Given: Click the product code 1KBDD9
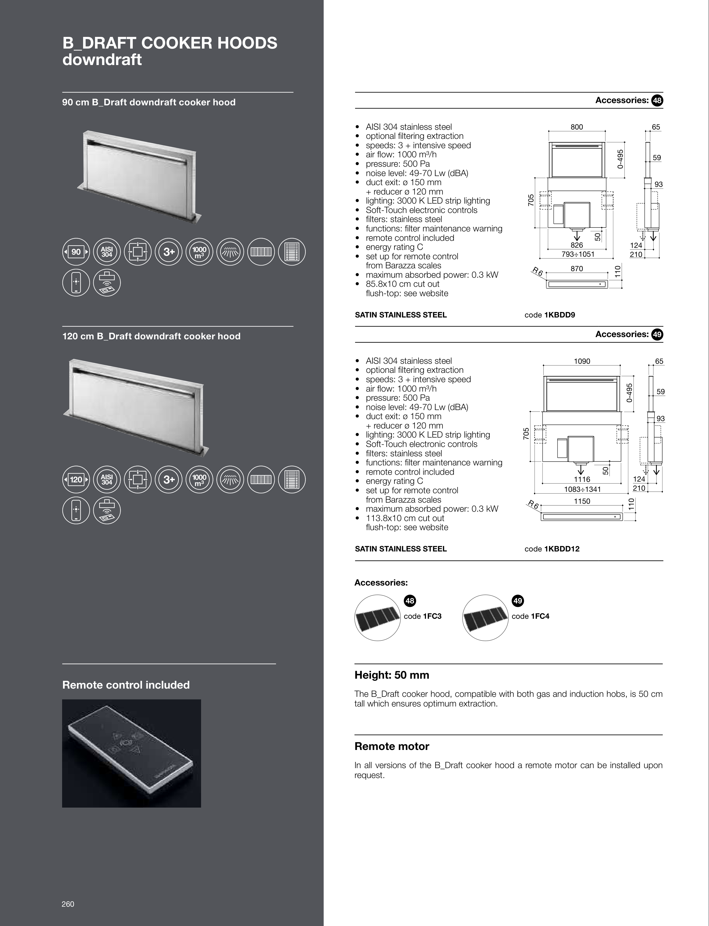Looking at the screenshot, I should [559, 315].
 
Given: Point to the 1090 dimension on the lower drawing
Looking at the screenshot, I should [582, 361].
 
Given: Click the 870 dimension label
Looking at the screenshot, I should [577, 269].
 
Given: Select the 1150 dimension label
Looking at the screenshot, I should [582, 501].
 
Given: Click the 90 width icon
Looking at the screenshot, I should [76, 252].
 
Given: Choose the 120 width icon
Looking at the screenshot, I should [76, 480].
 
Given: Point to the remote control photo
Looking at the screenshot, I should [131, 753].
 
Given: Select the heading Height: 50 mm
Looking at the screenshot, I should [392, 675].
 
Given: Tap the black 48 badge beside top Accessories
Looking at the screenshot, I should [657, 101].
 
